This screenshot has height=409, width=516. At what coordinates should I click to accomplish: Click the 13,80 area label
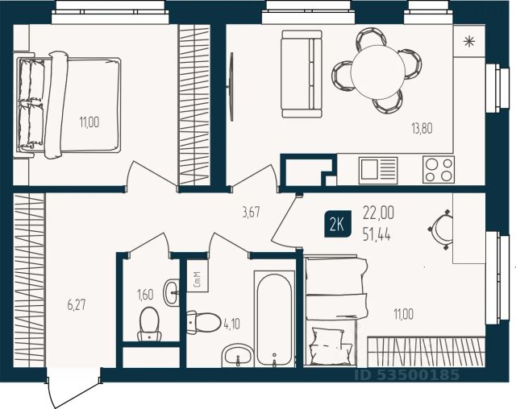[422, 128]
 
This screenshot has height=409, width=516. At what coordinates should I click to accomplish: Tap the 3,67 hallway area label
[251, 213]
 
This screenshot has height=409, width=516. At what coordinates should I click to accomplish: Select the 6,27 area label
[77, 305]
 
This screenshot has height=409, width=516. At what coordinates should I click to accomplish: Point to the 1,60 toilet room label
[145, 295]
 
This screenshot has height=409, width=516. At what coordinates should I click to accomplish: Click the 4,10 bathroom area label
[231, 324]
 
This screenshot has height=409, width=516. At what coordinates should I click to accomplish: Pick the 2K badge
[337, 225]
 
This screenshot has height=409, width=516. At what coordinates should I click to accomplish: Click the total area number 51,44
[377, 235]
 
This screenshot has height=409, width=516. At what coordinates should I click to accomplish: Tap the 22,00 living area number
[378, 213]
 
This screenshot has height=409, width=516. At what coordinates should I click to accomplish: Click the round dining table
[378, 72]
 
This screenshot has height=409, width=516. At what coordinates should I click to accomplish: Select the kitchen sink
[378, 170]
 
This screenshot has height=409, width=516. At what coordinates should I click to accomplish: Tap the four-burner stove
[439, 170]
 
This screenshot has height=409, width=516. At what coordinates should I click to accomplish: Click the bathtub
[274, 319]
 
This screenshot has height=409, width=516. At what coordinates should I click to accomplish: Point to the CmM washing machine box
[197, 279]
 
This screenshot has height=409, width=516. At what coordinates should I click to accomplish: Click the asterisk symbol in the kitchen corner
[469, 42]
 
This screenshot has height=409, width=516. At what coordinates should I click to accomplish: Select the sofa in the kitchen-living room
[302, 74]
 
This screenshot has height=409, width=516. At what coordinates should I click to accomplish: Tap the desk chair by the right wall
[441, 229]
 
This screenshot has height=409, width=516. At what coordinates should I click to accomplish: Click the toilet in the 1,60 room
[149, 324]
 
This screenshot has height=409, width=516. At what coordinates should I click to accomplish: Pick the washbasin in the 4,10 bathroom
[238, 356]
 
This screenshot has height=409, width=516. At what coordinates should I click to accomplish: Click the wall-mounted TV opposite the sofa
[231, 87]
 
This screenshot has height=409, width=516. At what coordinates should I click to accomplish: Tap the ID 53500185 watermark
[406, 375]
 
